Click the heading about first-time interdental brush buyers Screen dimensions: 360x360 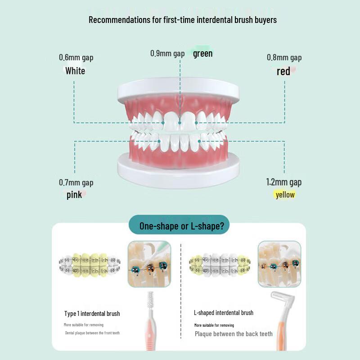coord(182,20)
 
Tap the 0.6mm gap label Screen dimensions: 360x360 coord(76,58)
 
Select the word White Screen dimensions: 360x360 coord(75,71)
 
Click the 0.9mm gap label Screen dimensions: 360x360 coord(167,53)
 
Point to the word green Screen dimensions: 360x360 coord(202,54)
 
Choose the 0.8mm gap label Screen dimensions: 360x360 coord(284,58)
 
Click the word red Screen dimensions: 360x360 coord(283,71)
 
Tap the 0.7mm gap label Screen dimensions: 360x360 coord(76,182)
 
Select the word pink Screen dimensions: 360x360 coord(74,195)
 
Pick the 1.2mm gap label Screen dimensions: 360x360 coord(283,182)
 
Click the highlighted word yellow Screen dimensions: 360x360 coord(285,194)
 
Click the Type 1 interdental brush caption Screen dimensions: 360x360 coord(92,313)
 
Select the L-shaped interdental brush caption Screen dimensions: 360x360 coord(224,313)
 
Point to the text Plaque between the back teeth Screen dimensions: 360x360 coord(234,334)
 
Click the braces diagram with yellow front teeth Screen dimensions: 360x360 coord(90,265)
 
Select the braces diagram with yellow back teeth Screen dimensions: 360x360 coord(220,265)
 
